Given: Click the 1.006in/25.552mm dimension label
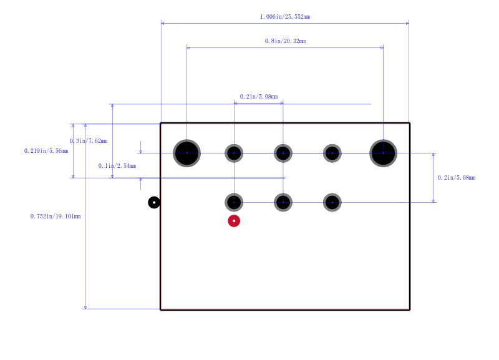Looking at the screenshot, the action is (x=285, y=17).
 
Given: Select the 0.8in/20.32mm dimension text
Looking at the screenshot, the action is (x=285, y=41).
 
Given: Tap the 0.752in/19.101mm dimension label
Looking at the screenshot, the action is (x=56, y=216).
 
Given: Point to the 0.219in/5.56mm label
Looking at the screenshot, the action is (x=46, y=151).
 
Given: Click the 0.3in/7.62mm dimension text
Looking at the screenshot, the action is (x=89, y=140).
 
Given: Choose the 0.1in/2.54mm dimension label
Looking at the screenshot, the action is (x=117, y=166).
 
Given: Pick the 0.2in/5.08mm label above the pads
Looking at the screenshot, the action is (x=259, y=97).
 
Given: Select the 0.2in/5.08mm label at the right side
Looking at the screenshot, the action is (x=457, y=178).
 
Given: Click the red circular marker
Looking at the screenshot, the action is (x=234, y=221).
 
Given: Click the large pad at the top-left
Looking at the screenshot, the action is (x=187, y=153).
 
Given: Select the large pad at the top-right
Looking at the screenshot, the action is (x=383, y=153).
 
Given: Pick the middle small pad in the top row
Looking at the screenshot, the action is (x=283, y=153).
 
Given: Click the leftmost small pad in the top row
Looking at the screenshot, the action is (x=234, y=153).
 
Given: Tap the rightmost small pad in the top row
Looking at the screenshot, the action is (x=332, y=153).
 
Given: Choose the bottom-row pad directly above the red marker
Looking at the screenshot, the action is (x=234, y=202).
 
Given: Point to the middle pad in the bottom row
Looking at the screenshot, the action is (x=283, y=202).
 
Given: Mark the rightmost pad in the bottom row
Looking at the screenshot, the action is (x=332, y=202).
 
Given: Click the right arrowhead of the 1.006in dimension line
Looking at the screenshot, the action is (x=407, y=23).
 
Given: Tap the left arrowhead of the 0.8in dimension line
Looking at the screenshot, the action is (x=188, y=48).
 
